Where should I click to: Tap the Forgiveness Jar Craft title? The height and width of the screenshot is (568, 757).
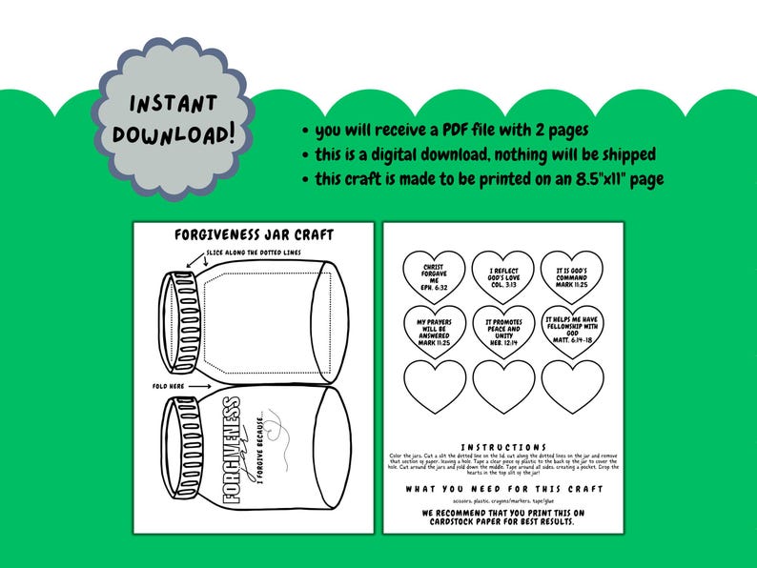(x=254, y=234)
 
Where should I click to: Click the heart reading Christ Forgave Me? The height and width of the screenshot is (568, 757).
(x=433, y=275)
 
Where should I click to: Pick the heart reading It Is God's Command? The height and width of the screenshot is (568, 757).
(x=571, y=275)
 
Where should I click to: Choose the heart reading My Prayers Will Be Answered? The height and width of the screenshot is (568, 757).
(x=433, y=330)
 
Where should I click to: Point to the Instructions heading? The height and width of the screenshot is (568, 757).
(x=503, y=447)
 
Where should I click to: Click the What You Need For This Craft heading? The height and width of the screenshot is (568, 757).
(x=503, y=489)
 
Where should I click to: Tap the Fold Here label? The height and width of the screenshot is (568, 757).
(x=168, y=386)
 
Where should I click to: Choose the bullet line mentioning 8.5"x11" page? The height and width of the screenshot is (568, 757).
(x=482, y=178)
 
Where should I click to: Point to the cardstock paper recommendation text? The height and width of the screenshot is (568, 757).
(x=503, y=517)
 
